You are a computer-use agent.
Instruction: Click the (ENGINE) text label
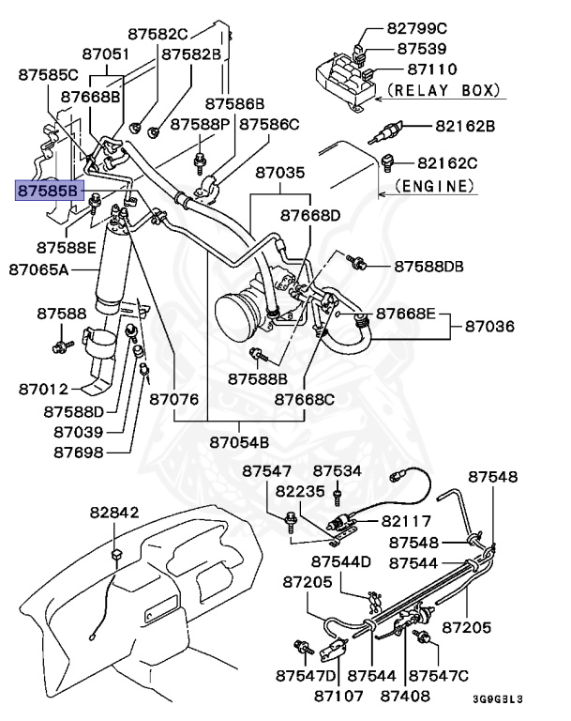point(430,186)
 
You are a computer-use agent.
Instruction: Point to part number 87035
point(280,174)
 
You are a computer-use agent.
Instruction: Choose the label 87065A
point(39,269)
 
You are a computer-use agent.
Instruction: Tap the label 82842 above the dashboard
point(114,514)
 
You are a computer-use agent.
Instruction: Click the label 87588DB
point(429,267)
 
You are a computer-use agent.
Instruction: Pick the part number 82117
point(407,521)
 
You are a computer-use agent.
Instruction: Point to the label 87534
point(338,470)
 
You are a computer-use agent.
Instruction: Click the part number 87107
point(338,696)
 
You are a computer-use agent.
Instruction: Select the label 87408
point(406,696)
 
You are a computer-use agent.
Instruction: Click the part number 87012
point(42,388)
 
